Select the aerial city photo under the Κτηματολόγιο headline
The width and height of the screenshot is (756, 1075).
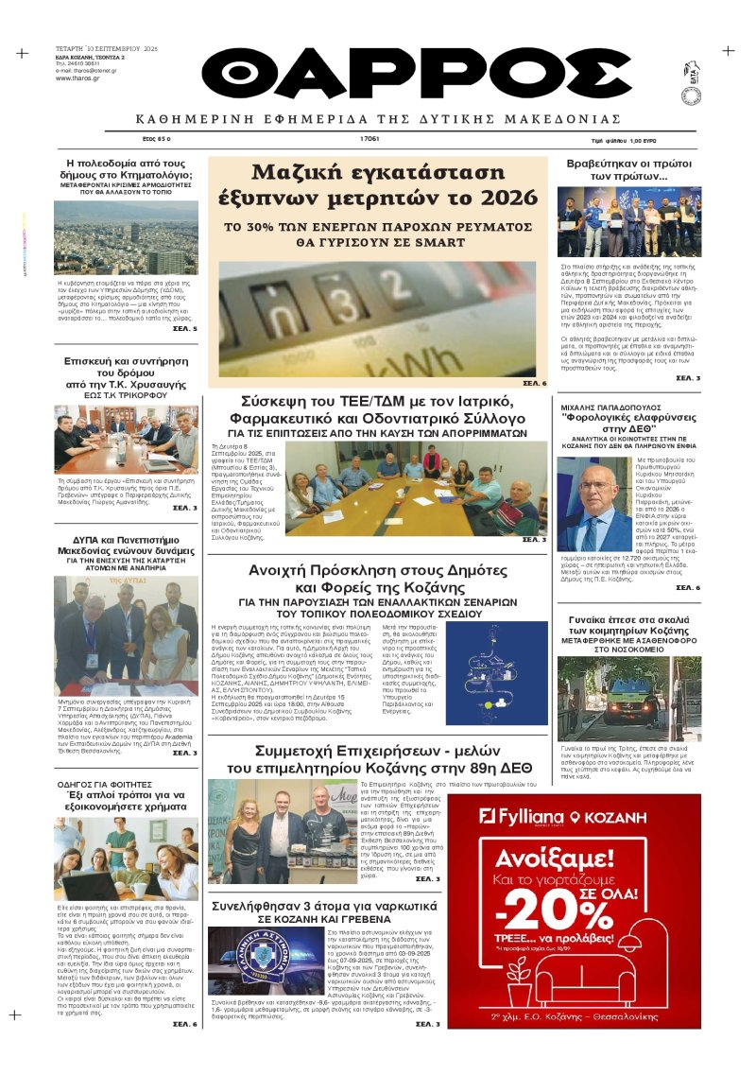[x=126, y=236]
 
